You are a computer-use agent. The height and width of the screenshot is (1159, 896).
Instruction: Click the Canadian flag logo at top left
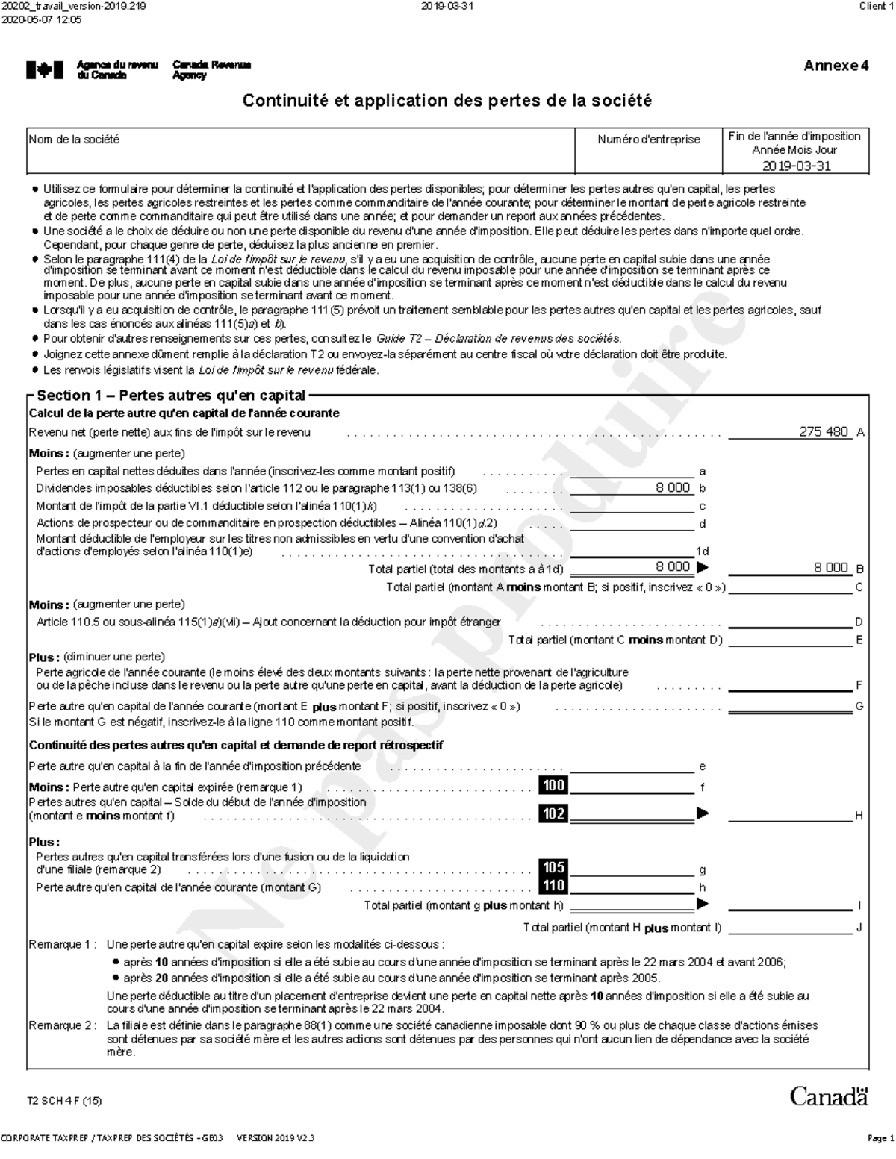point(39,70)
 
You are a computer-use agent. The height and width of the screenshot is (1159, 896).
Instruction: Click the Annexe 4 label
point(836,66)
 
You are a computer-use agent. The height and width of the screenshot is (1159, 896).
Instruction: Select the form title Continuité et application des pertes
point(447,101)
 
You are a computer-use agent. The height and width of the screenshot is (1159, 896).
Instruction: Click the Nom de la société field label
point(74,140)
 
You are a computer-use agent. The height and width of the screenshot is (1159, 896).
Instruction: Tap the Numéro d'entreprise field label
point(648,140)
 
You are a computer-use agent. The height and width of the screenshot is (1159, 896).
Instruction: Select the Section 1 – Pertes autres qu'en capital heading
point(171,396)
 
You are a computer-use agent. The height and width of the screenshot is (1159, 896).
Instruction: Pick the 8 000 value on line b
point(673,488)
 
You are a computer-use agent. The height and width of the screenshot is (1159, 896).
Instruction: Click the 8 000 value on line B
point(830,568)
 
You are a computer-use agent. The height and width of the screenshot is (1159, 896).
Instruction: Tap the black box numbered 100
point(553,785)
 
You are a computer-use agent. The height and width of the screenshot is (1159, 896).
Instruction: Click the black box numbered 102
point(553,813)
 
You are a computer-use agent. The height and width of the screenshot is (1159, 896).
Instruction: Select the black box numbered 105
point(553,867)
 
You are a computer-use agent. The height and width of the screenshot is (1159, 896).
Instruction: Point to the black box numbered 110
point(553,886)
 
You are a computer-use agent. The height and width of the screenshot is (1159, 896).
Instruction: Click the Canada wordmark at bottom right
point(829,1096)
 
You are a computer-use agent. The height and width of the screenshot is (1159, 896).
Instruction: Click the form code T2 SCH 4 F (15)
point(64,1101)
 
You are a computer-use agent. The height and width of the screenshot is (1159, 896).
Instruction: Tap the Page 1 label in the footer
point(880,1138)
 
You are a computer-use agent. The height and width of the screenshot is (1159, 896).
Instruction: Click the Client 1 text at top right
point(875,7)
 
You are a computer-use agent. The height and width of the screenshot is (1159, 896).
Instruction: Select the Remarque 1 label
point(62,945)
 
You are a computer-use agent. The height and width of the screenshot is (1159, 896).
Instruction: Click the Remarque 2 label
point(62,1025)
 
